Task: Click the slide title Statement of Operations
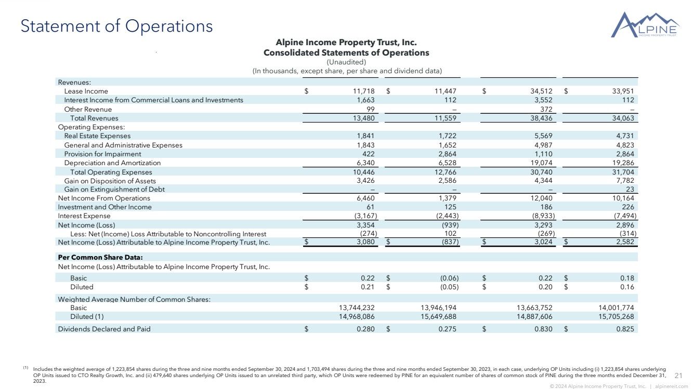116,26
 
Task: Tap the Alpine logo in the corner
645,26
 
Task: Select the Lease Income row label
86,91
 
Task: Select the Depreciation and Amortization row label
112,163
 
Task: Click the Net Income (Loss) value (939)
448,225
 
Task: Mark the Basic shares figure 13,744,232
353,307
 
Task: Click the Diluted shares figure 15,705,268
613,316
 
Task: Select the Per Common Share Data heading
100,257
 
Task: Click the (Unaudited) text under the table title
346,62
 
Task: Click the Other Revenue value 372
546,109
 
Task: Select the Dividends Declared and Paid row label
104,329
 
